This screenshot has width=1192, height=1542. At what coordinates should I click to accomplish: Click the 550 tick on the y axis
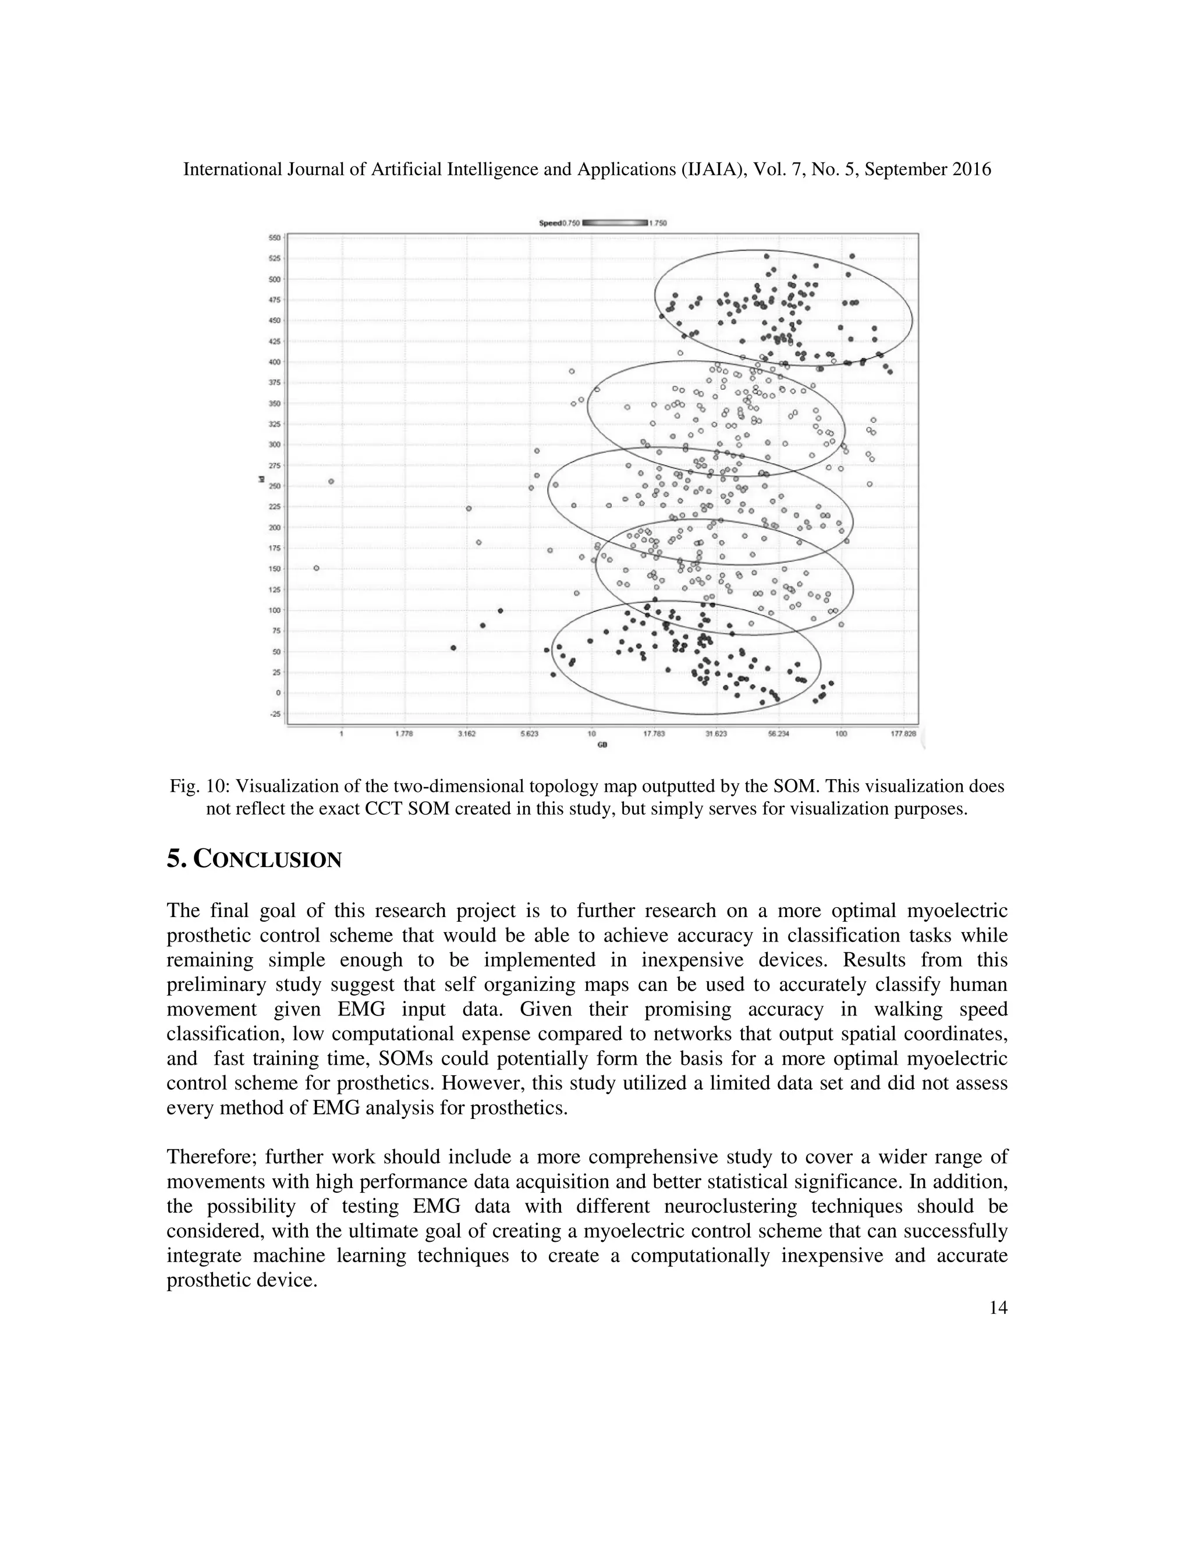tap(274, 238)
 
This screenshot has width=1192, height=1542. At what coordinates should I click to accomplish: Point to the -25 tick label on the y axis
tap(274, 714)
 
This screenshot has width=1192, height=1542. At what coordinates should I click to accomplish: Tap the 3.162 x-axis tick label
tap(467, 734)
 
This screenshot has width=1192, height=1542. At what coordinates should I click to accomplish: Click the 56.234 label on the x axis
tap(778, 734)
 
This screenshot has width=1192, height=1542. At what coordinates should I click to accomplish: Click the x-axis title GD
tap(602, 744)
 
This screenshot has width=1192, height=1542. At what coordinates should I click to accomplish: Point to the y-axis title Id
tap(261, 479)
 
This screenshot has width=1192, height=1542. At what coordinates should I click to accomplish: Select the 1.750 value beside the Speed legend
tap(658, 223)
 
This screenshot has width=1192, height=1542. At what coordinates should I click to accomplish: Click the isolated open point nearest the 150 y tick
tap(317, 568)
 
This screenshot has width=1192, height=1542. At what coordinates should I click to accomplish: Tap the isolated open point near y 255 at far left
tap(331, 482)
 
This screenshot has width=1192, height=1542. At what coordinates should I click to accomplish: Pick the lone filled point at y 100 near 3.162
tap(500, 611)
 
